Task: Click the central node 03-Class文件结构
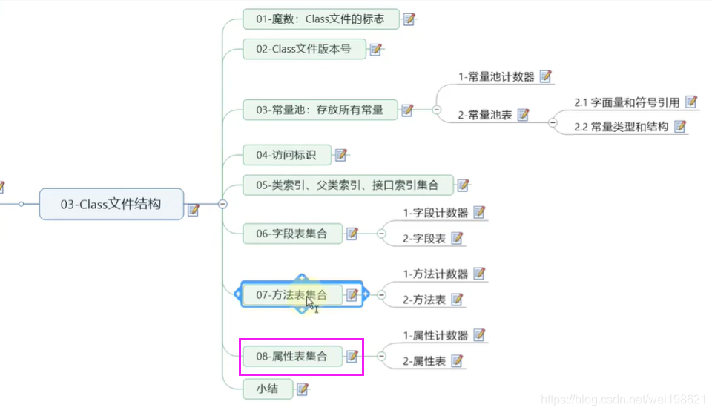pyautogui.click(x=111, y=204)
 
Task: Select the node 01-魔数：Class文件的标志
pyautogui.click(x=320, y=19)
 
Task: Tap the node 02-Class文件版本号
pyautogui.click(x=304, y=50)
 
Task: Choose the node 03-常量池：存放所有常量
pyautogui.click(x=320, y=110)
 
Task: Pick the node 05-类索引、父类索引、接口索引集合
pyautogui.click(x=347, y=185)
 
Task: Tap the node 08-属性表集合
pyautogui.click(x=291, y=357)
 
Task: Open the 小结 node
pyautogui.click(x=267, y=389)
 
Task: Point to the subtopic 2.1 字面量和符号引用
pyautogui.click(x=627, y=102)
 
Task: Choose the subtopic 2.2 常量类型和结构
pyautogui.click(x=621, y=127)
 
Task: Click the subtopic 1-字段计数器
pyautogui.click(x=435, y=213)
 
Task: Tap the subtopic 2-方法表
pyautogui.click(x=424, y=300)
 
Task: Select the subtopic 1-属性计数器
pyautogui.click(x=435, y=335)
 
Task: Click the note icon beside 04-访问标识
pyautogui.click(x=341, y=155)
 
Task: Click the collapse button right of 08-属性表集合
pyautogui.click(x=382, y=357)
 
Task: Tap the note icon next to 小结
pyautogui.click(x=303, y=389)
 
